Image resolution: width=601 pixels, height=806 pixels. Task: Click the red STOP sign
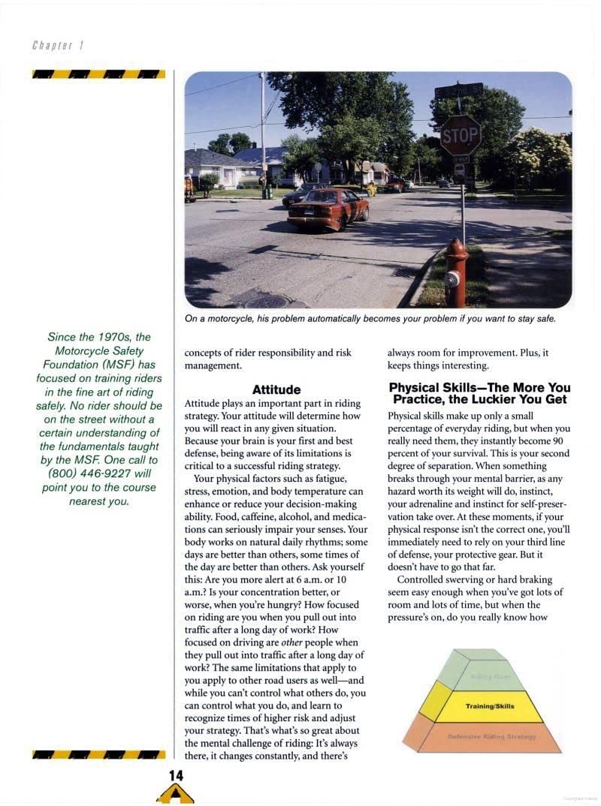(x=460, y=135)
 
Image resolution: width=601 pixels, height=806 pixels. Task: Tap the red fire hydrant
(x=455, y=272)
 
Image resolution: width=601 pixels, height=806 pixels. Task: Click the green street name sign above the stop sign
(x=458, y=91)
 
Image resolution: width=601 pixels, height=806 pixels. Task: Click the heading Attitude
(x=276, y=389)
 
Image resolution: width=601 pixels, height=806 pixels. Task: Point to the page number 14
(x=176, y=775)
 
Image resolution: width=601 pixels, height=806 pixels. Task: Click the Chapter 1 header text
(x=58, y=45)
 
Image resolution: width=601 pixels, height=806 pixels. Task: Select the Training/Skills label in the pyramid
(x=490, y=706)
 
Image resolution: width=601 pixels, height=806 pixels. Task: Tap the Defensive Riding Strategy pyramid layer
(x=491, y=737)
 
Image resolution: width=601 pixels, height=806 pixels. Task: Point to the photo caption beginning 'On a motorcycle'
(x=370, y=319)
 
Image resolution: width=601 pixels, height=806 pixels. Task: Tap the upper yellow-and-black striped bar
(x=99, y=74)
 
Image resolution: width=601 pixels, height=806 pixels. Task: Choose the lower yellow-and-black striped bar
(x=99, y=754)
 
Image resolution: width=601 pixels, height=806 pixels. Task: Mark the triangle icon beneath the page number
(x=175, y=794)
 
